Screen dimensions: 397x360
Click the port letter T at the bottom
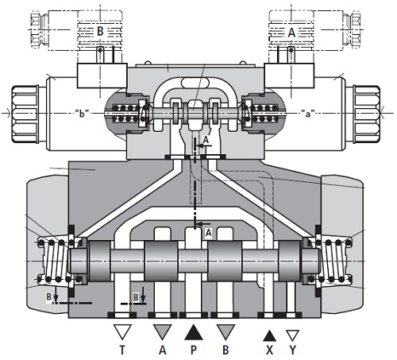tap(122, 350)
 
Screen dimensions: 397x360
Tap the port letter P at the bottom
tap(194, 350)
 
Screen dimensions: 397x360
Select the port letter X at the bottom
tap(269, 350)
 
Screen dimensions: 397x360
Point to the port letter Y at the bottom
tap(292, 350)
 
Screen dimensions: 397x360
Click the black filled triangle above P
tap(194, 332)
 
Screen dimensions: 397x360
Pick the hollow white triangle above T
tap(122, 331)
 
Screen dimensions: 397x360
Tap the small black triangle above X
tap(269, 336)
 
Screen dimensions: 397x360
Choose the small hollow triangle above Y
tap(293, 335)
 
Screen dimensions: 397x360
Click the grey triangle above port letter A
tap(163, 331)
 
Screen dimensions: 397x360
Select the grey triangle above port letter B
tap(225, 331)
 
